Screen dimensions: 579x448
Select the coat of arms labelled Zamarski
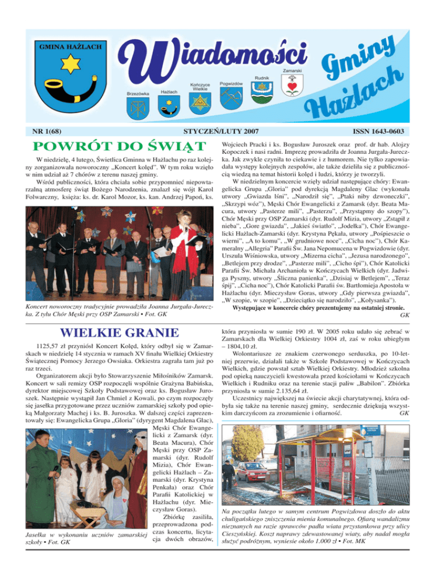point(292,86)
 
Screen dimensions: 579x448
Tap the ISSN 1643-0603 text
point(382,133)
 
